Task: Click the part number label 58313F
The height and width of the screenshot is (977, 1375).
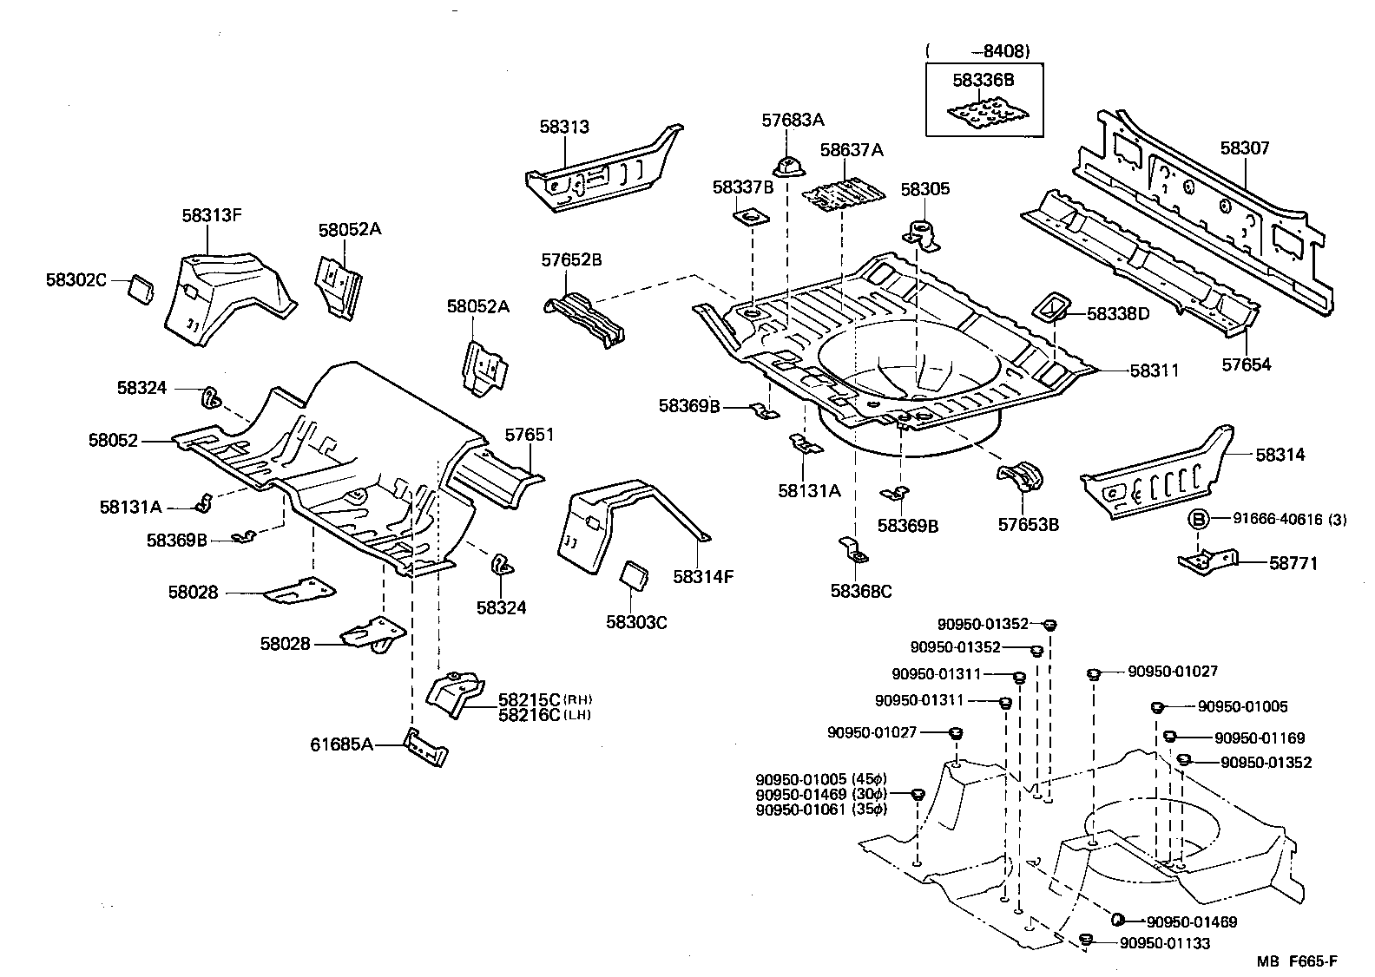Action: coord(211,214)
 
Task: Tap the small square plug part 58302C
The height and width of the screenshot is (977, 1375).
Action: coord(141,287)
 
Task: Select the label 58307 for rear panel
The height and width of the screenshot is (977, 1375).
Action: coord(1244,148)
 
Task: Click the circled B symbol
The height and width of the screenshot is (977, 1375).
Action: coord(1198,520)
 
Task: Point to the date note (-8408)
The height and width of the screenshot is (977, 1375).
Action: coord(978,51)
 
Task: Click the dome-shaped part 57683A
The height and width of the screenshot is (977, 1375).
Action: coord(786,164)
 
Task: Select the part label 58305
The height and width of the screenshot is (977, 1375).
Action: coord(924,189)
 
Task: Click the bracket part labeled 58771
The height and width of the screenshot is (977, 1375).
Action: coord(1207,560)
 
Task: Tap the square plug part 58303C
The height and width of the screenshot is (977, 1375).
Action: coord(635,574)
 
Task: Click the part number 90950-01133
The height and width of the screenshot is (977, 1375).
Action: coord(1164,943)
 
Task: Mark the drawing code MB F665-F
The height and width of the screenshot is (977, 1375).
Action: coord(1296,961)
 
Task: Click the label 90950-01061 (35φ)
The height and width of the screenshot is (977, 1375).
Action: coord(821,810)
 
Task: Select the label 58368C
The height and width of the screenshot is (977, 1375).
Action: coord(860,591)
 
